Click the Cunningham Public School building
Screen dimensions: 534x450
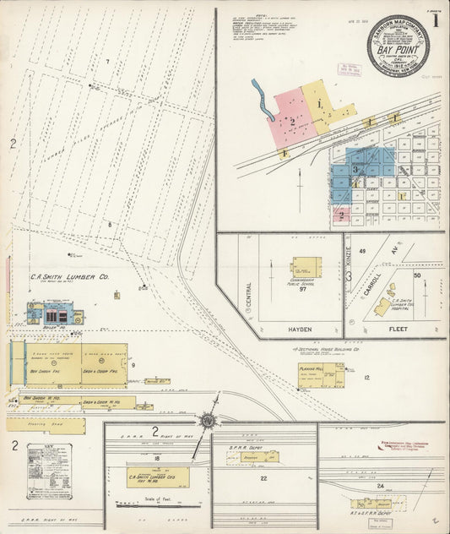(306, 269)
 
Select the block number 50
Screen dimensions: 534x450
(417, 275)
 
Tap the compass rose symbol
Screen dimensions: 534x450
(207, 420)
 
